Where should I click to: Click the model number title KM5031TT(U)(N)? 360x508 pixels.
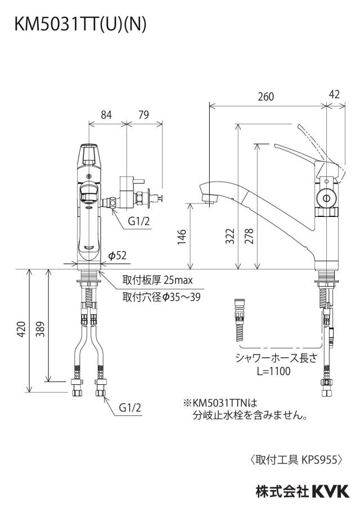click(80, 24)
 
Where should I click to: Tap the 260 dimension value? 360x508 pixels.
click(265, 97)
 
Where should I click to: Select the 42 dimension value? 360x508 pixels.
click(334, 94)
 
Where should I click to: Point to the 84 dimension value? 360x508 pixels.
click(106, 115)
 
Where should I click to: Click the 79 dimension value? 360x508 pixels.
click(143, 115)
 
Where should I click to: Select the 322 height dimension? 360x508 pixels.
click(230, 237)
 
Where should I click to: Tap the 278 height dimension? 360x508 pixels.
click(249, 236)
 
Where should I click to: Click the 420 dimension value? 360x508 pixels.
click(21, 329)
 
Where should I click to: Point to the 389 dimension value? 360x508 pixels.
click(40, 329)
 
